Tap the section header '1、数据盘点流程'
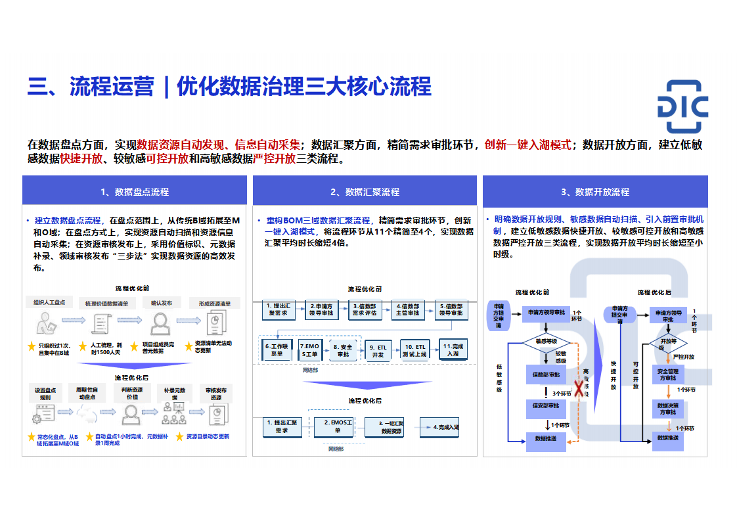tap(135, 192)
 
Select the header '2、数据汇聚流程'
tap(365, 192)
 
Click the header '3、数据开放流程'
tap(595, 192)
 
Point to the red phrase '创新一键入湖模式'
tap(527, 145)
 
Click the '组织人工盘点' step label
tap(49, 303)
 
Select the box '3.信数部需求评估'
tap(365, 309)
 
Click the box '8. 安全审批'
tap(343, 350)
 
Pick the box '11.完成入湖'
tap(453, 350)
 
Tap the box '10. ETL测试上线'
tap(414, 350)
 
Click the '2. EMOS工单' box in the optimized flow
tap(334, 426)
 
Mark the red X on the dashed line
tap(578, 390)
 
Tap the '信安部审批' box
tap(546, 406)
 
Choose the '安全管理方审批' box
tap(667, 374)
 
